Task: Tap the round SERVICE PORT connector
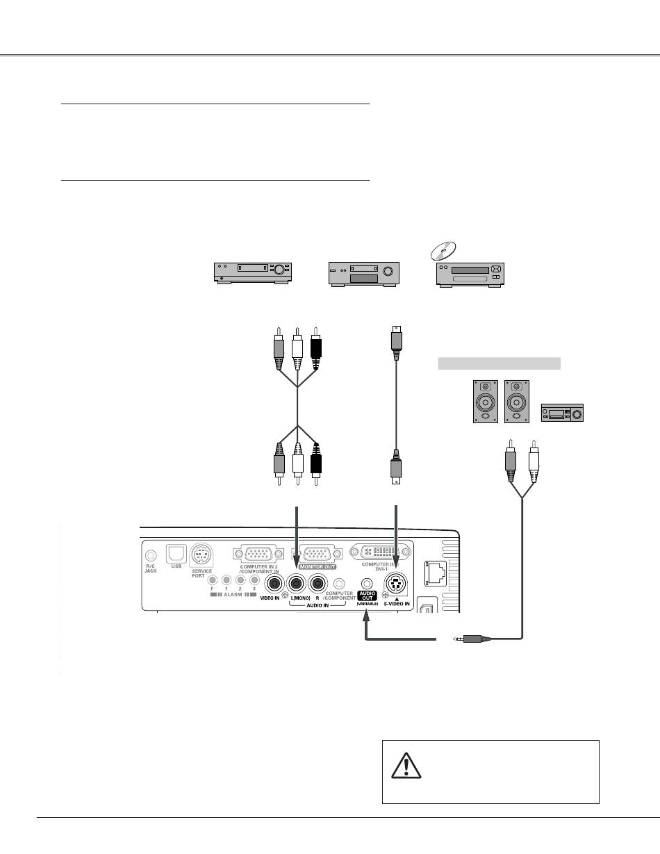[201, 556]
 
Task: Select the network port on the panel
[436, 572]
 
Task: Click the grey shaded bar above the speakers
[499, 363]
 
